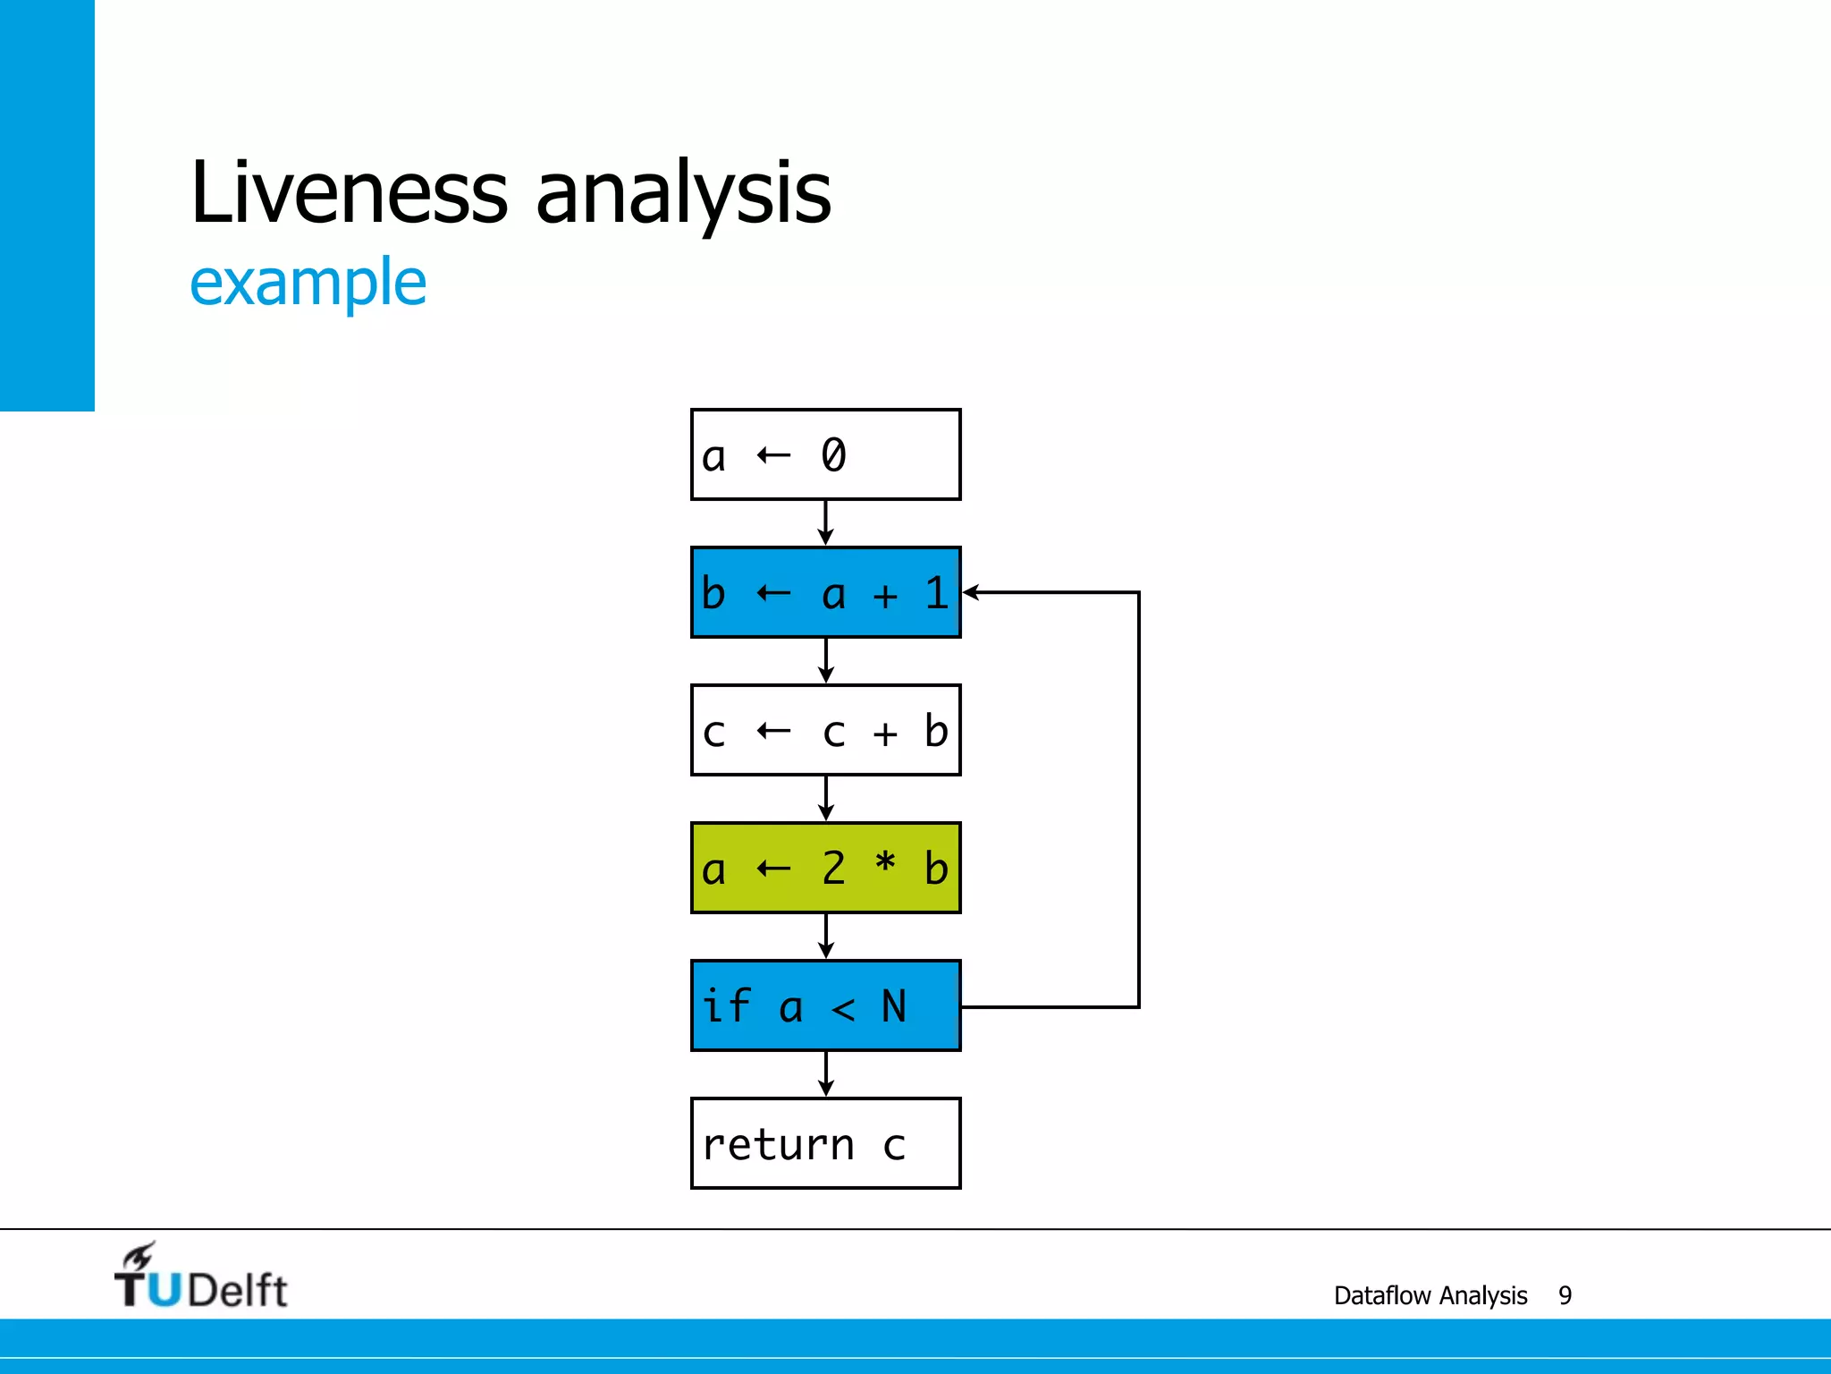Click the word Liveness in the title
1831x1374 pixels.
349,191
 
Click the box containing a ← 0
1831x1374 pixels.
825,454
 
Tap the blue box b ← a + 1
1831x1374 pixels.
825,592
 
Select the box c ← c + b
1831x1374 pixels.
825,730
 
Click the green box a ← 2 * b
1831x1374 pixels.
825,868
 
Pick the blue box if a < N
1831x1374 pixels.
825,1005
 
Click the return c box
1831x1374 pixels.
825,1143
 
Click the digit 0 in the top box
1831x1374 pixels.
833,454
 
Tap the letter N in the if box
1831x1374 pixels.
893,1006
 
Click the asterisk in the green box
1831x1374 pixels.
884,862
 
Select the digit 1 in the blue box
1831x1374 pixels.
936,593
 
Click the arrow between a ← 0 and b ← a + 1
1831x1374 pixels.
825,522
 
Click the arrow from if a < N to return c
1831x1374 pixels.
825,1073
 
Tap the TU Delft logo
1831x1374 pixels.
201,1277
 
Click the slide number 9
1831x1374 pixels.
1565,1295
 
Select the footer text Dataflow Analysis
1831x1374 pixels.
1430,1295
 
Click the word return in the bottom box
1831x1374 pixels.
778,1145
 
